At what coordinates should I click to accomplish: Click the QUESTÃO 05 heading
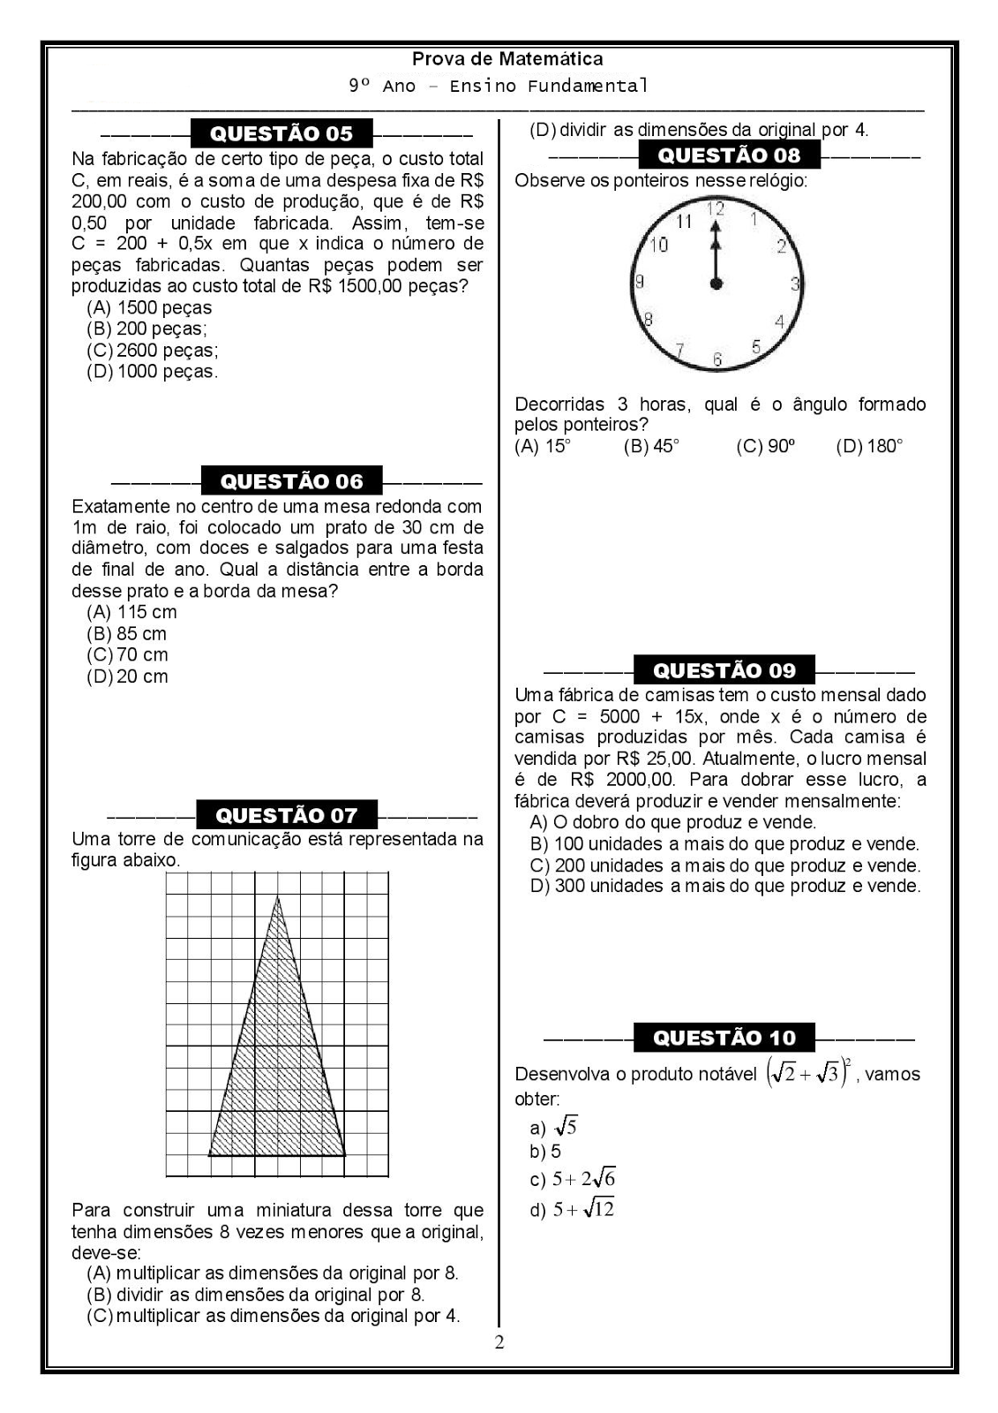point(281,133)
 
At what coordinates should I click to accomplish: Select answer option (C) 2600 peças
point(153,350)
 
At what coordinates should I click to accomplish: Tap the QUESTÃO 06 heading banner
point(291,481)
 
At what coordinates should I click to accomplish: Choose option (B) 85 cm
point(126,633)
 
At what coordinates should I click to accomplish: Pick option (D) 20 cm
point(127,676)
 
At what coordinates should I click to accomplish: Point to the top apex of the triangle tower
point(278,897)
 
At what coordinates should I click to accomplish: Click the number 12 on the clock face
point(716,209)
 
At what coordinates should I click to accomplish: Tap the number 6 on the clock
point(717,359)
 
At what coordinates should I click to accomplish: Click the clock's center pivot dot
point(717,283)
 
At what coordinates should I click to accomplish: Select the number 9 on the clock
point(640,282)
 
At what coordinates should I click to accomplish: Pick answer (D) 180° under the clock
point(869,446)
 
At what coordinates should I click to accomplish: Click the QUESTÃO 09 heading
point(724,670)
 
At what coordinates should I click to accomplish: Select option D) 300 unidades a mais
point(724,886)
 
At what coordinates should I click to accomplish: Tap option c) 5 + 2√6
point(573,1179)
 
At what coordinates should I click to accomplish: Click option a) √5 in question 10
point(554,1127)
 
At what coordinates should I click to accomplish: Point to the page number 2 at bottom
point(499,1343)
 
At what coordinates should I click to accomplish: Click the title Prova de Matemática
point(507,59)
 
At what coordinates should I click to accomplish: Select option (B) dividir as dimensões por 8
point(256,1295)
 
